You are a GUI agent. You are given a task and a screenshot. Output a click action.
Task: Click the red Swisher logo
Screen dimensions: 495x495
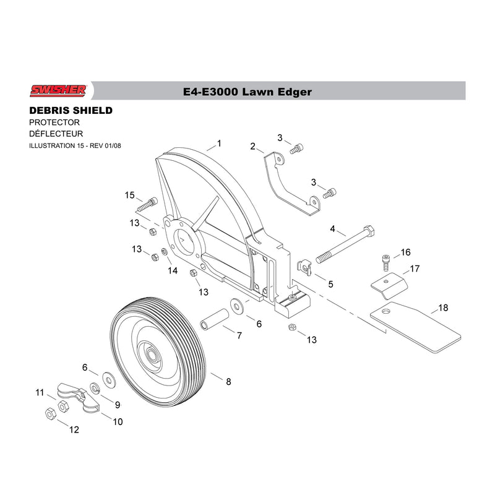point(58,90)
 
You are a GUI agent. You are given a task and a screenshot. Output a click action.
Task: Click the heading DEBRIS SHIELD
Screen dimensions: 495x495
point(71,111)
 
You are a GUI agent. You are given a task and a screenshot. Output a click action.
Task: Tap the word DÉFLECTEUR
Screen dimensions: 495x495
point(56,134)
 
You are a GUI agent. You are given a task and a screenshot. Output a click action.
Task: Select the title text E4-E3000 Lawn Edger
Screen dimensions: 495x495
point(247,92)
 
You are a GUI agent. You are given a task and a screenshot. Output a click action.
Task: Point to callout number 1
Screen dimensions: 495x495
point(219,144)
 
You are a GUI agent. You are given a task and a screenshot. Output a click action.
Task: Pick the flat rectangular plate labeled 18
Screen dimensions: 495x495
point(416,327)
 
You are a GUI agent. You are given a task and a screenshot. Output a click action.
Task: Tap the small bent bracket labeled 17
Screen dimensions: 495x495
point(389,285)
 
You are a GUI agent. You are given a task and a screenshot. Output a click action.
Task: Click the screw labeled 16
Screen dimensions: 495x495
point(385,262)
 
